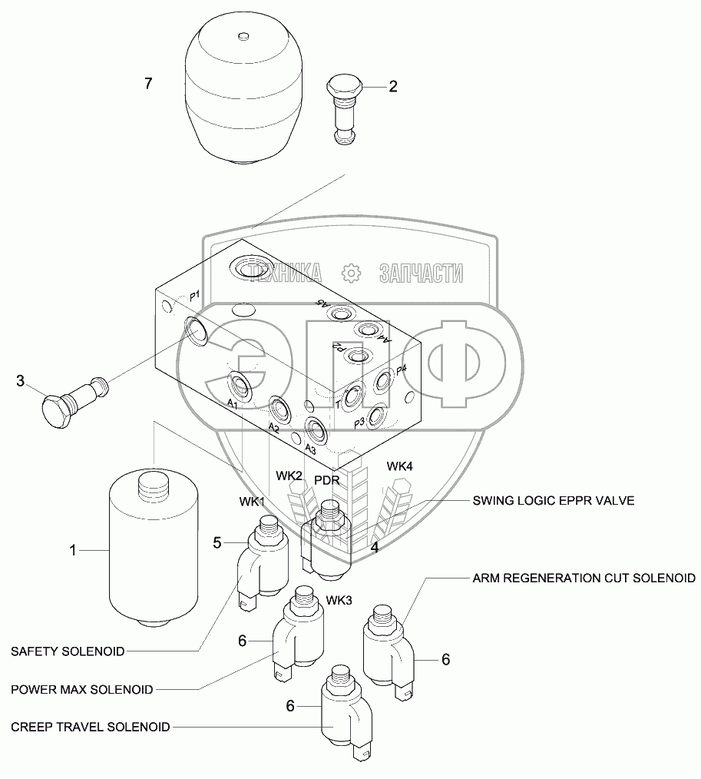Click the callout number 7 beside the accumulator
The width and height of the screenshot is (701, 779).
click(x=148, y=84)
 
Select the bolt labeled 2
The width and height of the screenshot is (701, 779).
click(x=347, y=107)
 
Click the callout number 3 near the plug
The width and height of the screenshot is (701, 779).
click(x=21, y=380)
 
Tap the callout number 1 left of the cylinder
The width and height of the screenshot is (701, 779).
click(x=74, y=550)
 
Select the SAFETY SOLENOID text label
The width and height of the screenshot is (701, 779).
click(x=68, y=651)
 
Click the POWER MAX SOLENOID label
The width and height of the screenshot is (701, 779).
click(x=81, y=688)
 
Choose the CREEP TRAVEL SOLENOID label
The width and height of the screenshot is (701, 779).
click(x=91, y=726)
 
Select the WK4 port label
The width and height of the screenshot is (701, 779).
click(x=400, y=466)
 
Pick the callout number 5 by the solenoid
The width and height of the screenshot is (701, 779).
click(x=217, y=543)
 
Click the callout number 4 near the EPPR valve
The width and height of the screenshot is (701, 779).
click(x=375, y=548)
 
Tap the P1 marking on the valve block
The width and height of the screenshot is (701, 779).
click(x=194, y=295)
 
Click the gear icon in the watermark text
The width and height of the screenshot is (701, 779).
click(x=350, y=272)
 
